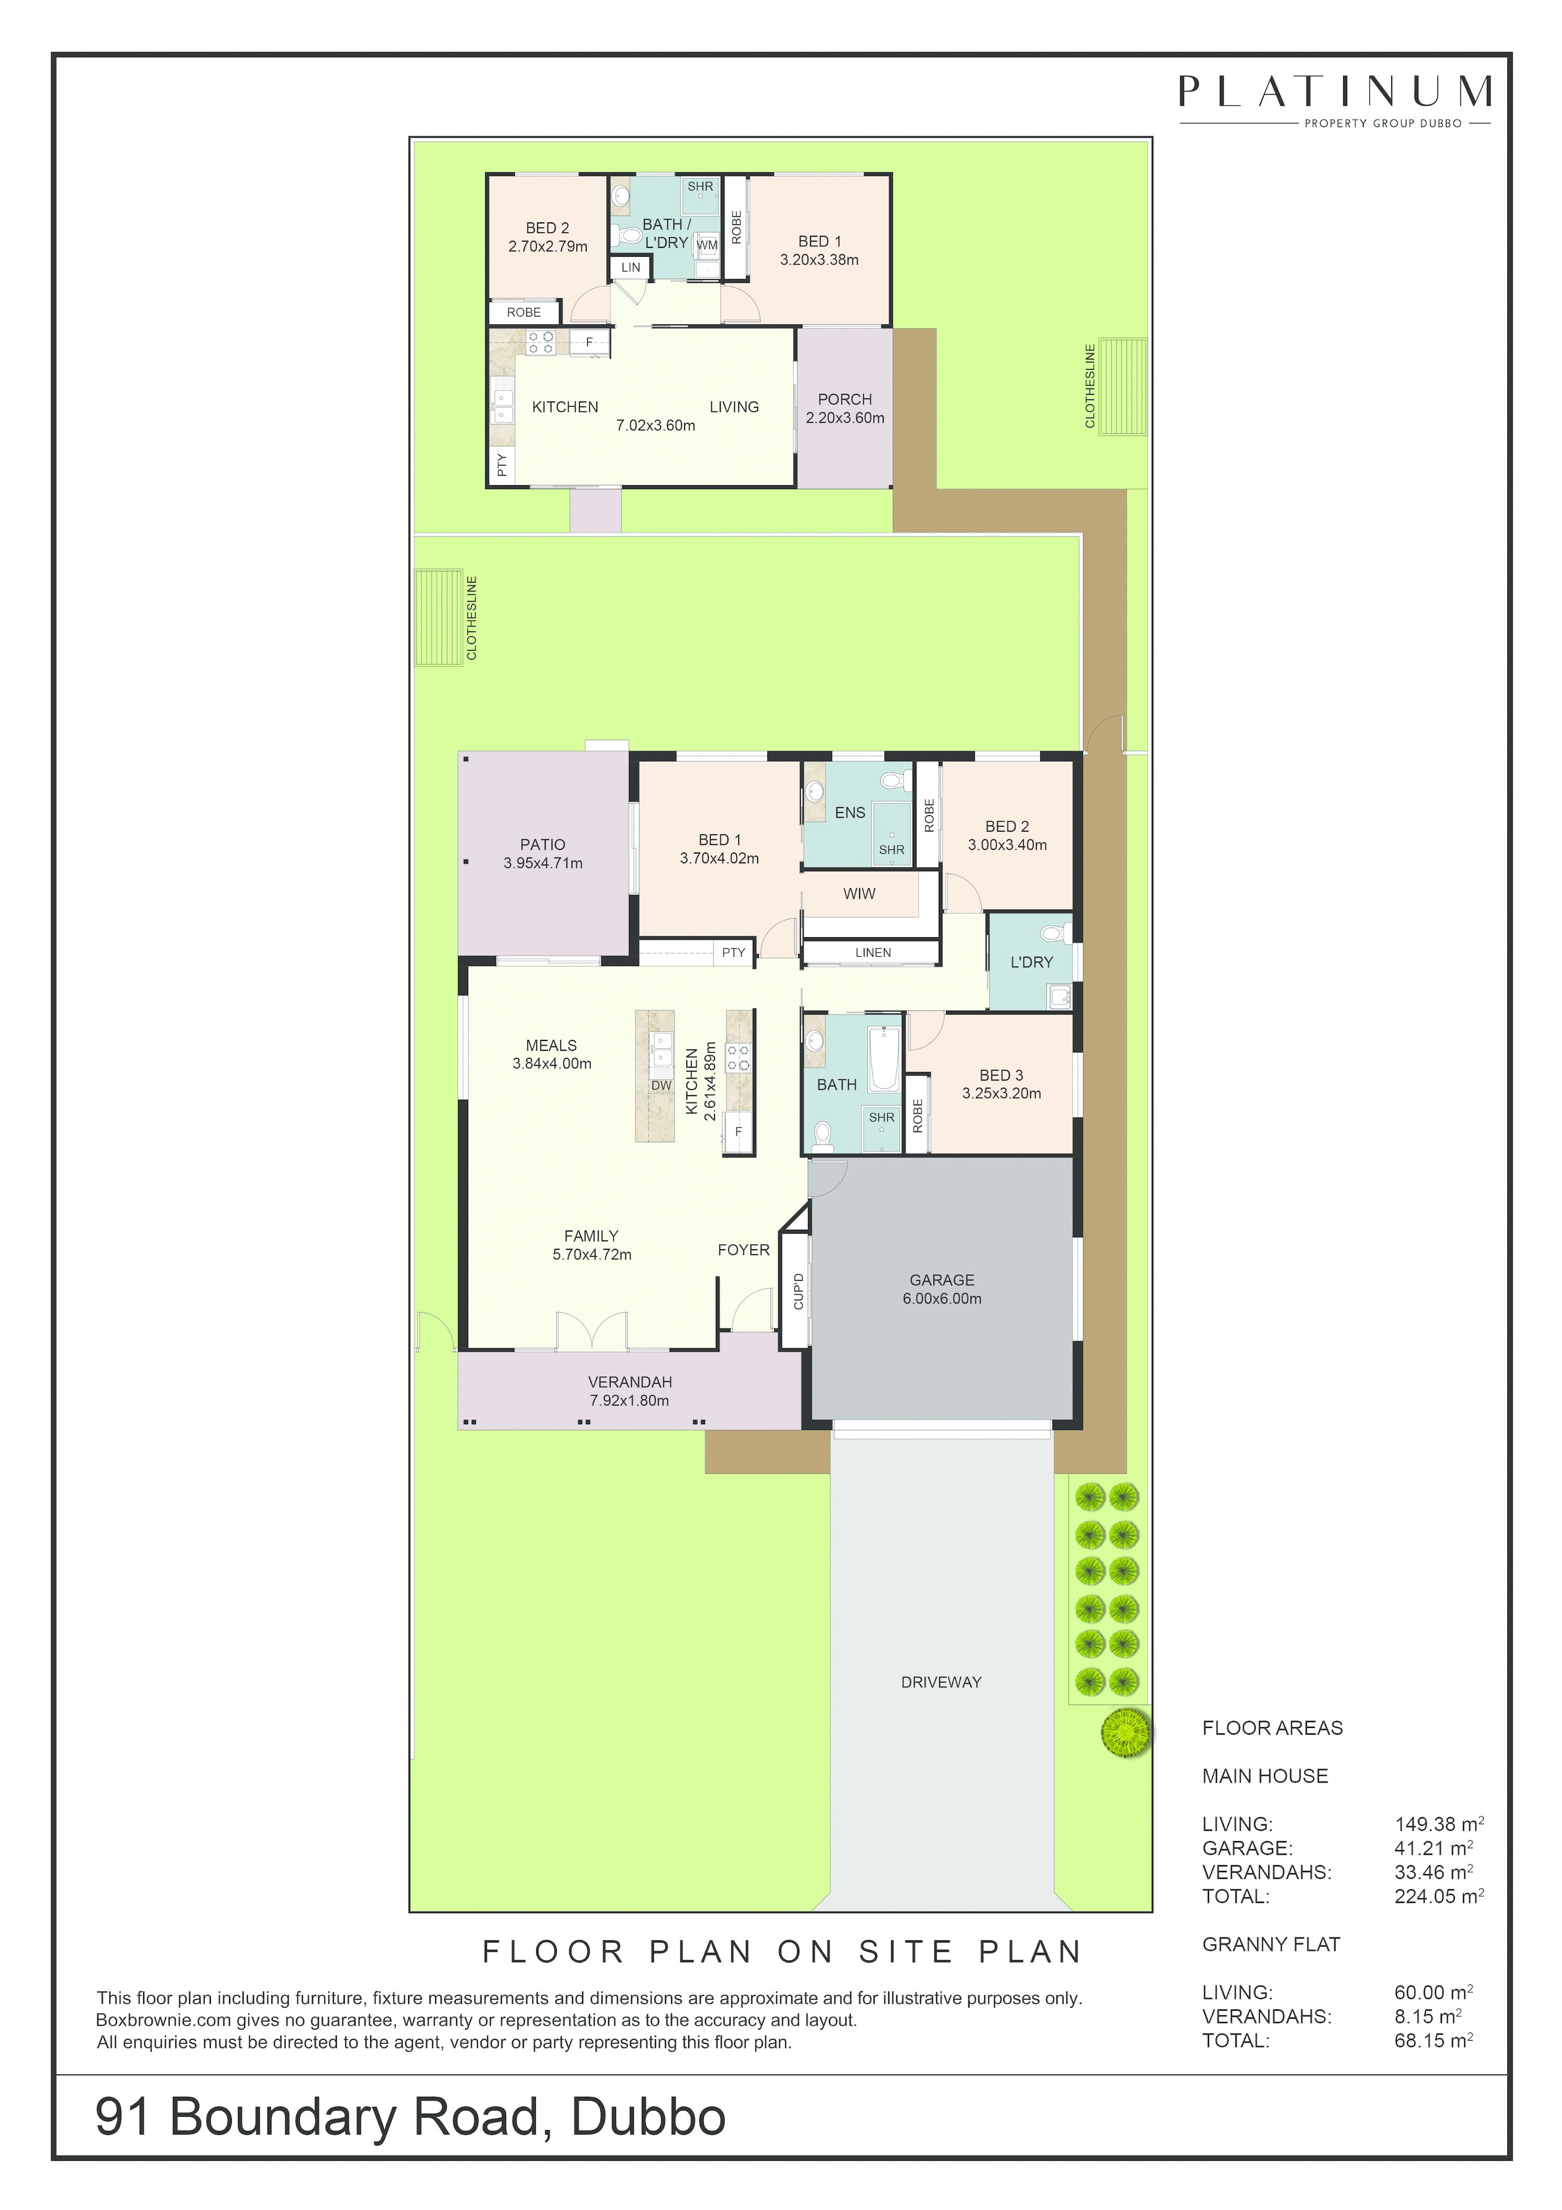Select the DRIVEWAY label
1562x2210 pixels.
(940, 1682)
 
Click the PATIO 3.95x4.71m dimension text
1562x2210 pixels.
(543, 863)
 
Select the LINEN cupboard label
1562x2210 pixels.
(873, 953)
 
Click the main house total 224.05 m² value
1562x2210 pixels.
(1439, 1896)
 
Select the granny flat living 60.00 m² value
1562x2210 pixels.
(1433, 1992)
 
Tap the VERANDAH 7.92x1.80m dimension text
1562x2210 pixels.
(629, 1400)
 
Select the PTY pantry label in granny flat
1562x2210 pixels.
(501, 467)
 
